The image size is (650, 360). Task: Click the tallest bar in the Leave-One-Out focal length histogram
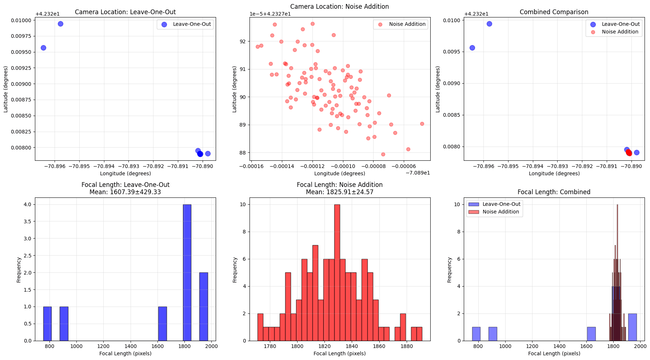187,273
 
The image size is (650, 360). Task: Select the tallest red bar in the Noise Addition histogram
337,273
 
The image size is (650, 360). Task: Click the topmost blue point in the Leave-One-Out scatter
60,24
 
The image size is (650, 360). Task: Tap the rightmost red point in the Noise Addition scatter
422,124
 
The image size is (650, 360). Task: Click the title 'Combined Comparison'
554,12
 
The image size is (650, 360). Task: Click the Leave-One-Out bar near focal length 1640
162,324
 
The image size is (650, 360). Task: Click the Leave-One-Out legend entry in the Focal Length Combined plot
501,204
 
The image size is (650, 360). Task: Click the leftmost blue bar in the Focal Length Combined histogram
476,334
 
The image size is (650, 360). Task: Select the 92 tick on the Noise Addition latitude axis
243,41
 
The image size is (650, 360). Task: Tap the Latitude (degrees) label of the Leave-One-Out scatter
5,89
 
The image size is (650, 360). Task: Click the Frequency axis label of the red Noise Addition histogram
235,270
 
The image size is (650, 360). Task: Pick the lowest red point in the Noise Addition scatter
383,154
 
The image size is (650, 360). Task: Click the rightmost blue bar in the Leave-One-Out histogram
204,307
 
